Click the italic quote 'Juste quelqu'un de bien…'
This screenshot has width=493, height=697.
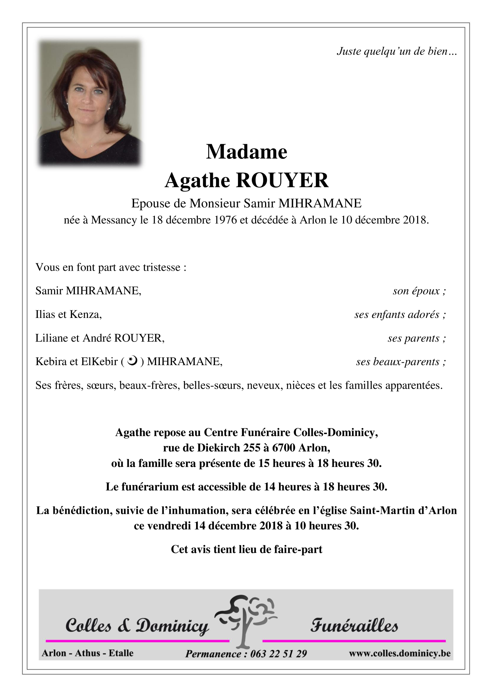[x=397, y=51]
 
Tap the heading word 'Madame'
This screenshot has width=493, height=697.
[x=246, y=152]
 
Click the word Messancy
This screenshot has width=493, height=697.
[x=114, y=220]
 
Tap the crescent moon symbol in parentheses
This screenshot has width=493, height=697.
[x=132, y=361]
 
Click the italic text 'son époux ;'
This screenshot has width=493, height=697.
[x=419, y=291]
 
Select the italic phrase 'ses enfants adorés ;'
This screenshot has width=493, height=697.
[x=400, y=314]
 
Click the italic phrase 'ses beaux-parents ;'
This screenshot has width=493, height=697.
[x=401, y=362]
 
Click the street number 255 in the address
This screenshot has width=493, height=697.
[x=252, y=448]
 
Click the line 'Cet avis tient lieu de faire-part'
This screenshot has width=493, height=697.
[x=246, y=549]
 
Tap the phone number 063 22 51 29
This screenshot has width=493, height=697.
[x=278, y=654]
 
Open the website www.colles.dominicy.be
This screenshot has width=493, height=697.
[x=400, y=653]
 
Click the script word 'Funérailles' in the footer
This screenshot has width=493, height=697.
[x=354, y=625]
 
